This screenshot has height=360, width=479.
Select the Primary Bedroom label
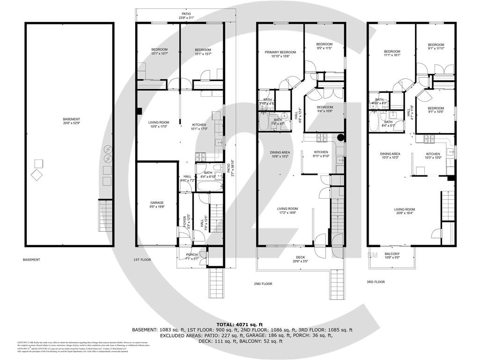coord(280,54)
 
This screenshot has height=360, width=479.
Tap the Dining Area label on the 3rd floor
coord(390,156)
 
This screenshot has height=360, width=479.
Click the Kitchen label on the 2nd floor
coord(321,154)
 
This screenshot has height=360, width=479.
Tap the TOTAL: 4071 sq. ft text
coord(239,324)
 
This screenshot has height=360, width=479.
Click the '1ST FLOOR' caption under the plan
coord(143,259)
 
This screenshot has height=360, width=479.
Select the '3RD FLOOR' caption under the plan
coord(376,282)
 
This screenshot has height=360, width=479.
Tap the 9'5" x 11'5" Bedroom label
coord(324,46)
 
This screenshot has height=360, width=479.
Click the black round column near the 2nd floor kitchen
coord(341,138)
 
